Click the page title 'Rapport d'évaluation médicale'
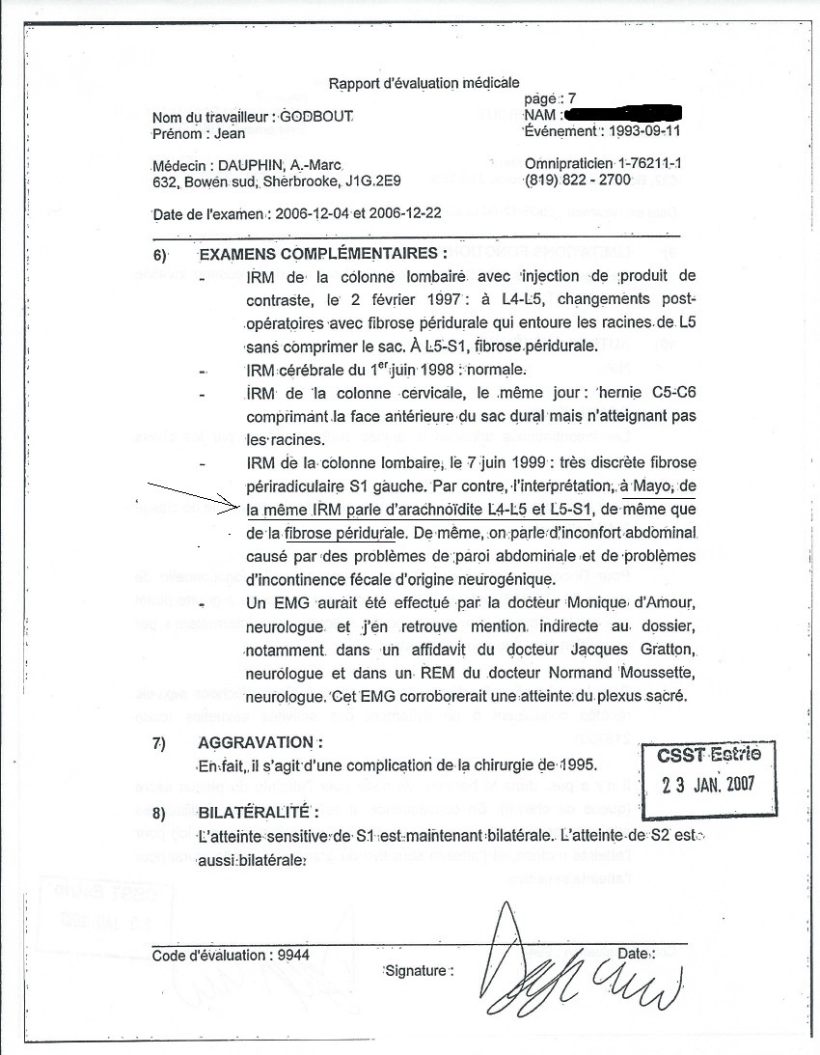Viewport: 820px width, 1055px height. (424, 83)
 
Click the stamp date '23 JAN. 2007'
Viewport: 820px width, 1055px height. (709, 783)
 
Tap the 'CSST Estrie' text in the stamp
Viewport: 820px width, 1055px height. (709, 754)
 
